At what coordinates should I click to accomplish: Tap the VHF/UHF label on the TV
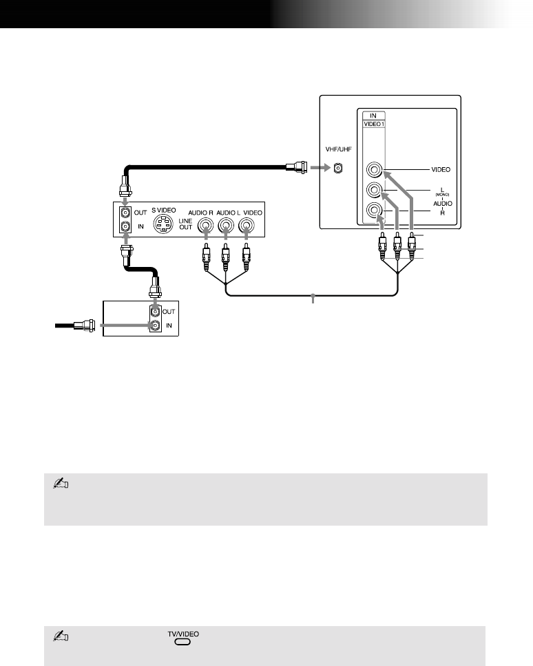tap(337, 147)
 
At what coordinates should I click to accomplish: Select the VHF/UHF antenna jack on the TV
tap(337, 168)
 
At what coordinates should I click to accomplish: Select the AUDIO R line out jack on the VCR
tap(206, 224)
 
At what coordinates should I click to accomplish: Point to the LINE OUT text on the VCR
tap(185, 226)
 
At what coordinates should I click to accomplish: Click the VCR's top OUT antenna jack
tap(125, 213)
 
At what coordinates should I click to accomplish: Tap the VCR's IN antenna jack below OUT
tap(125, 226)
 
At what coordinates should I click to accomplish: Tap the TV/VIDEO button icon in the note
tap(182, 641)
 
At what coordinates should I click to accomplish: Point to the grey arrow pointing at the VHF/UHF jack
tap(318, 167)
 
